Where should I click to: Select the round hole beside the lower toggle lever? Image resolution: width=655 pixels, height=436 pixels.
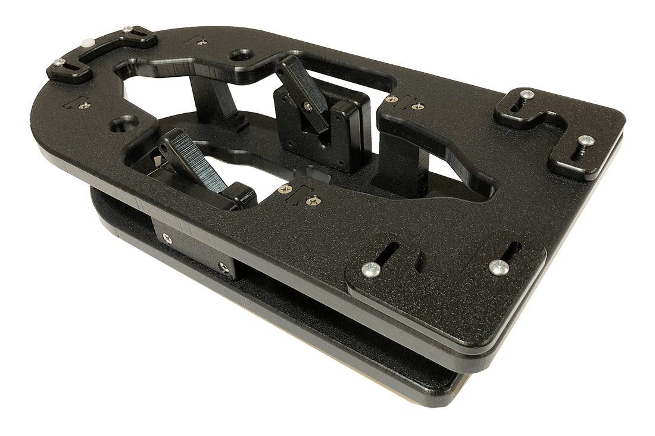point(124,126)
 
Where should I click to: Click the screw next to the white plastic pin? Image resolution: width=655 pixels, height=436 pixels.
point(127,28)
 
